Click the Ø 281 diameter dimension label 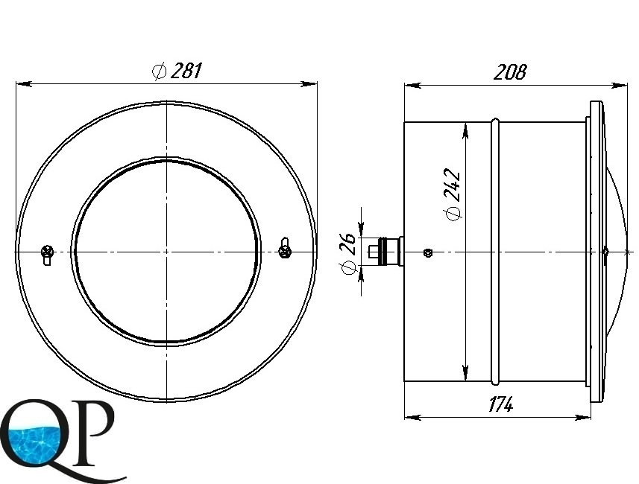click(x=177, y=71)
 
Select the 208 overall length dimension click(x=510, y=72)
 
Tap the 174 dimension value click(x=500, y=404)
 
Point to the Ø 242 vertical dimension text click(x=453, y=194)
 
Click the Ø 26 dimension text click(x=347, y=254)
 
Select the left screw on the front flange click(x=47, y=255)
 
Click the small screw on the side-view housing click(x=427, y=252)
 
